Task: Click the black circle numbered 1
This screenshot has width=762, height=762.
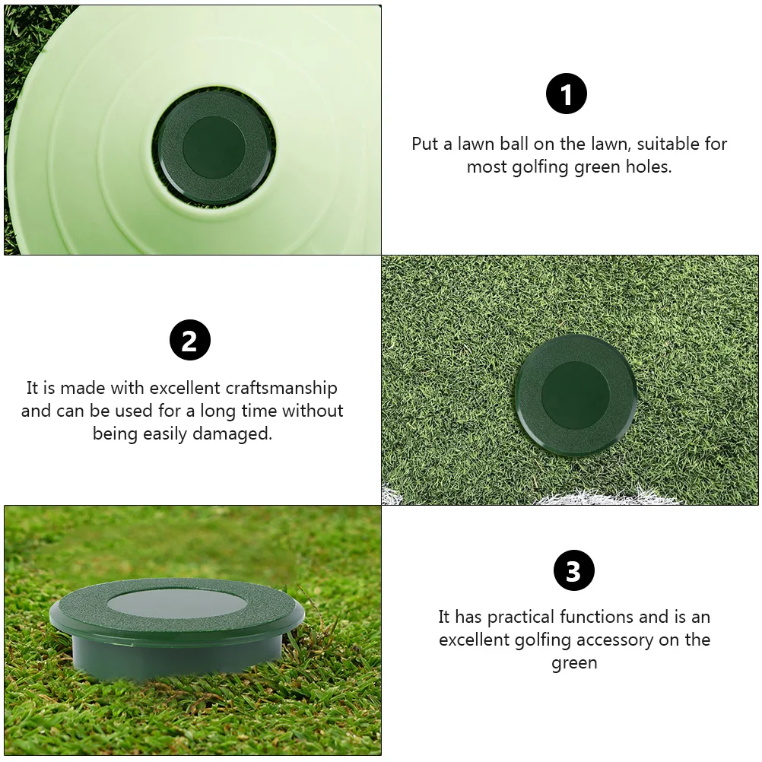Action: (x=567, y=95)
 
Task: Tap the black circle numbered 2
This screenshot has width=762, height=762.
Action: (x=189, y=339)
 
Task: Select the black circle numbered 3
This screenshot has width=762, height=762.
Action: (x=573, y=570)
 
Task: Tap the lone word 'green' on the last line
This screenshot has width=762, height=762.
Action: (x=574, y=662)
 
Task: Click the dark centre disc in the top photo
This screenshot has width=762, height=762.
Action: (x=214, y=148)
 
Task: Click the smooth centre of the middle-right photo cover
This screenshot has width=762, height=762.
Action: (x=575, y=395)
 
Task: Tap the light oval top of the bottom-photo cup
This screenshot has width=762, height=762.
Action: (x=176, y=604)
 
